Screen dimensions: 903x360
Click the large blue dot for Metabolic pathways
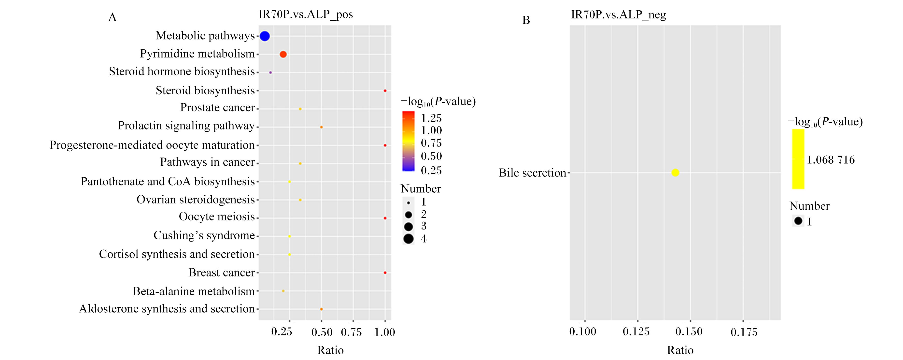265,36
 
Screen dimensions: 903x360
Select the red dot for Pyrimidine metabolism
283,54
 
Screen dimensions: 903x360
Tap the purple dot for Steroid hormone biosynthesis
270,72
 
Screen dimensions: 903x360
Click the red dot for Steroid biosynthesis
385,91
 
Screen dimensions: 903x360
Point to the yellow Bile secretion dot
675,173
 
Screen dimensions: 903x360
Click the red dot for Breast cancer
385,273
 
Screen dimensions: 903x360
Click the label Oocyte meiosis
217,217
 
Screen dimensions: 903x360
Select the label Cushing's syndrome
204,235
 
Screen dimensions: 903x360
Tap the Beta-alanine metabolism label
194,291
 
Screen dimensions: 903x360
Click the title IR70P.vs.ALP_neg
618,15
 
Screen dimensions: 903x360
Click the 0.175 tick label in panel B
744,332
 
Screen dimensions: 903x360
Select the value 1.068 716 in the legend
831,160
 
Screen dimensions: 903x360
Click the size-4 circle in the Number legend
408,239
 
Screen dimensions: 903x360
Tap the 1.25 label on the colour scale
431,118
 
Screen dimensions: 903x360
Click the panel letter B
526,20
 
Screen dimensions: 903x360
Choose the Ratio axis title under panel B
680,350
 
